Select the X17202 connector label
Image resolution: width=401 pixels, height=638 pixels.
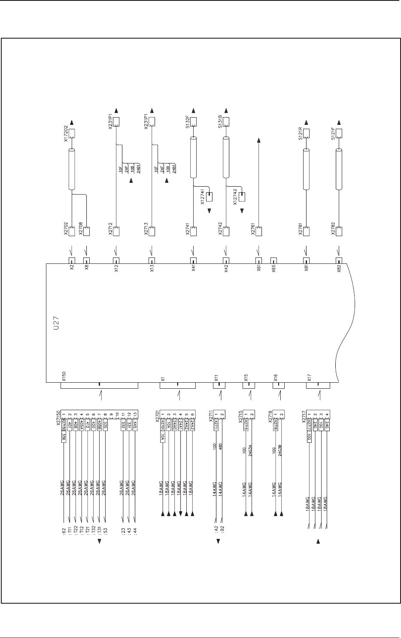coord(66,134)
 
